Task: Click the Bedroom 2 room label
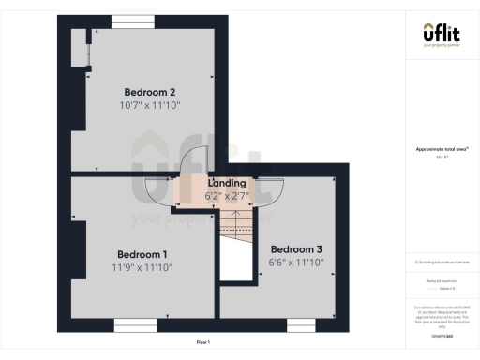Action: click(150, 92)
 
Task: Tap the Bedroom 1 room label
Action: click(142, 254)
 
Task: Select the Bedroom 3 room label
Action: click(296, 248)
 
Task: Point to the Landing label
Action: click(227, 183)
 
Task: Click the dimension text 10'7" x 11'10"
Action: click(150, 106)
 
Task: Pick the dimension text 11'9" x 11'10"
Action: click(142, 268)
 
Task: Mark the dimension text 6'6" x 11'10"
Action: click(296, 262)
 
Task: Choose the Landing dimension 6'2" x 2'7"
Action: click(227, 196)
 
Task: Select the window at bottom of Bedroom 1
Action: click(135, 324)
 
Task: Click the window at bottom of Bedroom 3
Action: click(298, 324)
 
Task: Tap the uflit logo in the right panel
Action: click(442, 34)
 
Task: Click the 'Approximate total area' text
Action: click(441, 149)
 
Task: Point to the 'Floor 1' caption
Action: click(203, 342)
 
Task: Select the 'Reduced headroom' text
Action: click(441, 279)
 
